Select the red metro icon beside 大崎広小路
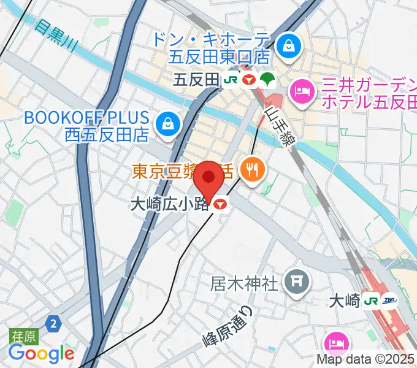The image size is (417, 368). (221, 205)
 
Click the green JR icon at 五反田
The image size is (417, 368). (231, 80)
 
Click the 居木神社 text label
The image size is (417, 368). (244, 283)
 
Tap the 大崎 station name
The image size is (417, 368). (343, 301)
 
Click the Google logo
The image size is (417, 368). (41, 353)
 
